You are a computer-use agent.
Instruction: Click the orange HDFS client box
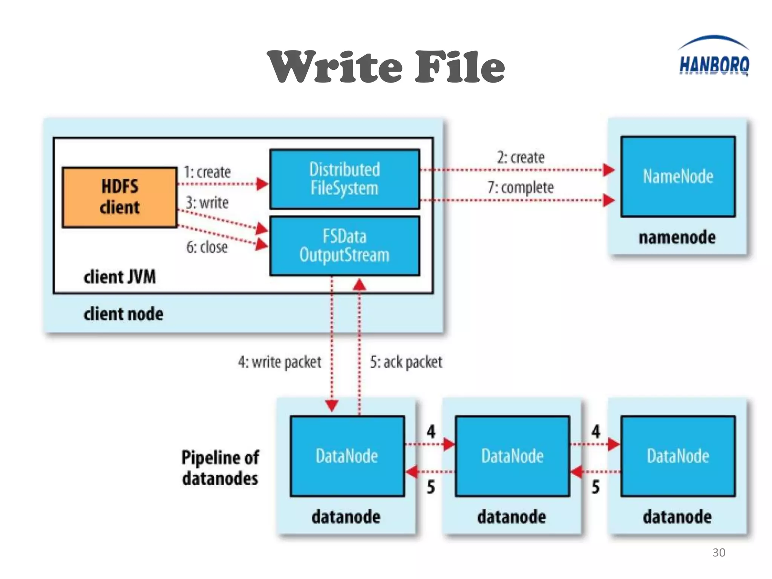click(119, 197)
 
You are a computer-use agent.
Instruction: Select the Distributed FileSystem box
click(345, 179)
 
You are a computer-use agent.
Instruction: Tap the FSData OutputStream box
click(345, 246)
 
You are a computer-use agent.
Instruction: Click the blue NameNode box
click(678, 176)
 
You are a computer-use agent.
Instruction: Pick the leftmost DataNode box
click(347, 456)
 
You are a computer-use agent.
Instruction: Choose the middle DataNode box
click(512, 456)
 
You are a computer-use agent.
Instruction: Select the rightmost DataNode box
click(678, 456)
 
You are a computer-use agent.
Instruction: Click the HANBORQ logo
click(714, 57)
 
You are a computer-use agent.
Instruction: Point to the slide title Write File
click(386, 67)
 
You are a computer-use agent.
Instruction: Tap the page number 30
click(718, 553)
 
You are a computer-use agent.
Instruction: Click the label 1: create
click(207, 172)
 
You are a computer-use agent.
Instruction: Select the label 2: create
click(521, 158)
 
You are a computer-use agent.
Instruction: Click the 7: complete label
click(521, 188)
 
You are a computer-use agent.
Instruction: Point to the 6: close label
click(207, 247)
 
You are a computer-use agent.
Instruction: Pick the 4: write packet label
click(279, 362)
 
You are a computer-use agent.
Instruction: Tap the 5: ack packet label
click(406, 362)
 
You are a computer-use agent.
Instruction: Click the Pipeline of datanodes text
click(220, 468)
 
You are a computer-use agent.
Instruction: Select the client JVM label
click(119, 277)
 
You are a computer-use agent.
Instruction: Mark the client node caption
click(123, 314)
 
